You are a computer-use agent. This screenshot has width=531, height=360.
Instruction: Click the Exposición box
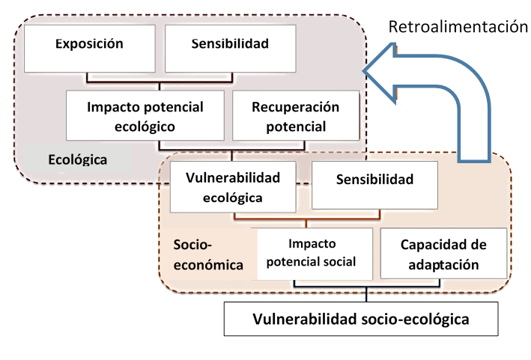89,44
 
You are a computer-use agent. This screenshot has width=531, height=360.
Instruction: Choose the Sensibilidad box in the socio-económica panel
374,180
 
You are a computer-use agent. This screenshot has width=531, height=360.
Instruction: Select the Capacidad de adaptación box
444,254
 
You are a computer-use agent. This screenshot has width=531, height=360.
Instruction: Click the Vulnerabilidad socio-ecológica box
361,320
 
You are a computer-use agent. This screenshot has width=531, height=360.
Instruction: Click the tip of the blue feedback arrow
365,71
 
